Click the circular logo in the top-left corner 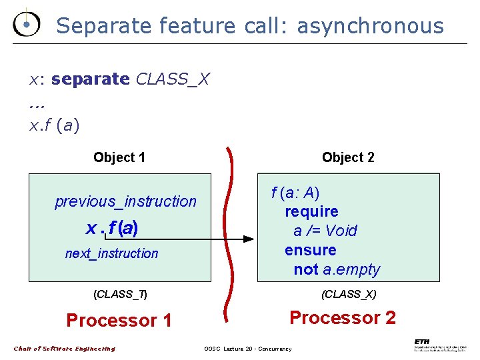26,25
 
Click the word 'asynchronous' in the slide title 370,26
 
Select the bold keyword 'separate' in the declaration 91,79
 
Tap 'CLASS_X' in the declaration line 173,79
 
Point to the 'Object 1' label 119,157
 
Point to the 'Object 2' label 348,157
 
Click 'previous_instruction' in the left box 125,201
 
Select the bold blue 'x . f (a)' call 112,228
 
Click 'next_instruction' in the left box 111,253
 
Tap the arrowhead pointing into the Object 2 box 248,239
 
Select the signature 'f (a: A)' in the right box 295,193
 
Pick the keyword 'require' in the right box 311,212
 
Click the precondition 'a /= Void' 325,231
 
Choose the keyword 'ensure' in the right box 310,250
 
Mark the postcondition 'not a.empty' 337,269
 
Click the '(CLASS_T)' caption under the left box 120,294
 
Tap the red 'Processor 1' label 119,321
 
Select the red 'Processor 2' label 342,317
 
